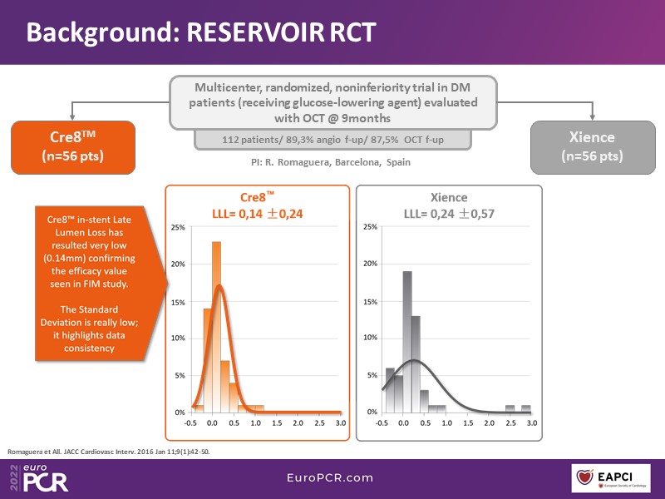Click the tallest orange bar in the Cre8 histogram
216,327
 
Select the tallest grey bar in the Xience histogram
407,342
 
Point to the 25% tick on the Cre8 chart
178,227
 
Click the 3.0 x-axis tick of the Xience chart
531,422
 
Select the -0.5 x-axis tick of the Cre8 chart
191,422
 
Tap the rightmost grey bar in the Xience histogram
525,408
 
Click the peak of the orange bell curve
218,286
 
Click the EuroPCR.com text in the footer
332,478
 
